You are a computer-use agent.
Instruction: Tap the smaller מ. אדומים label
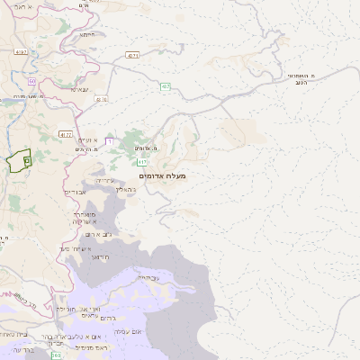coord(146,147)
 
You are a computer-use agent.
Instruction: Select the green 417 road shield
coord(143,163)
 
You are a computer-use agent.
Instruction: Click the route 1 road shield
coord(109,140)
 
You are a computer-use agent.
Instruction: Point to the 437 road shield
coord(166,86)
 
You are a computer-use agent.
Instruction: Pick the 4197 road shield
coord(22,52)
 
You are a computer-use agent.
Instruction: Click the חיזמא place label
coord(88,33)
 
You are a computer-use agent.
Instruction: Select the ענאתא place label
coord(79,88)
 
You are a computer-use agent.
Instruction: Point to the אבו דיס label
coord(76,192)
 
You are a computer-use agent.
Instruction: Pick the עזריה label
coord(104,181)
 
